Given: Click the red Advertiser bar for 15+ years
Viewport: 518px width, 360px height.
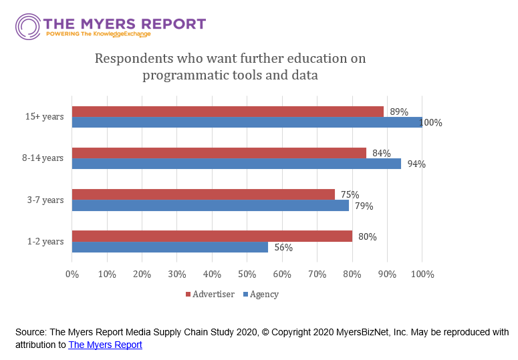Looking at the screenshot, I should pyautogui.click(x=227, y=112).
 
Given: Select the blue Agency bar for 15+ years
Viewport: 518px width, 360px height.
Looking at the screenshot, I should pyautogui.click(x=247, y=122).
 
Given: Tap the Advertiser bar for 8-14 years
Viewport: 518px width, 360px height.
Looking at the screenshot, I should pyautogui.click(x=219, y=153).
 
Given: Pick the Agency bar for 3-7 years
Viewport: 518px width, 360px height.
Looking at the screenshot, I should pyautogui.click(x=210, y=206).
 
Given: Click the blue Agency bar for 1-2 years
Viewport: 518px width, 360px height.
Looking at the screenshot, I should pyautogui.click(x=170, y=247).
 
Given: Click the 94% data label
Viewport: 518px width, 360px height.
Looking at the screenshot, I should pyautogui.click(x=416, y=164).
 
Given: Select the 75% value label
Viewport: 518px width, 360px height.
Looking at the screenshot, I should pyautogui.click(x=350, y=195).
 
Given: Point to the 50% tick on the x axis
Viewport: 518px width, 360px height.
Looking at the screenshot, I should pyautogui.click(x=247, y=275).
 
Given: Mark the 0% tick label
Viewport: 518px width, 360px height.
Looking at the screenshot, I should pyautogui.click(x=72, y=275).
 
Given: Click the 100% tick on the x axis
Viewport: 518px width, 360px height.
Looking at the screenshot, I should pyautogui.click(x=422, y=275).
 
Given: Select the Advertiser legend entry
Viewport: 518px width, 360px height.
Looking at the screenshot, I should pyautogui.click(x=213, y=294).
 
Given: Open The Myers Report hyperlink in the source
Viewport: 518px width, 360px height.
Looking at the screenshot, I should pyautogui.click(x=105, y=345).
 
